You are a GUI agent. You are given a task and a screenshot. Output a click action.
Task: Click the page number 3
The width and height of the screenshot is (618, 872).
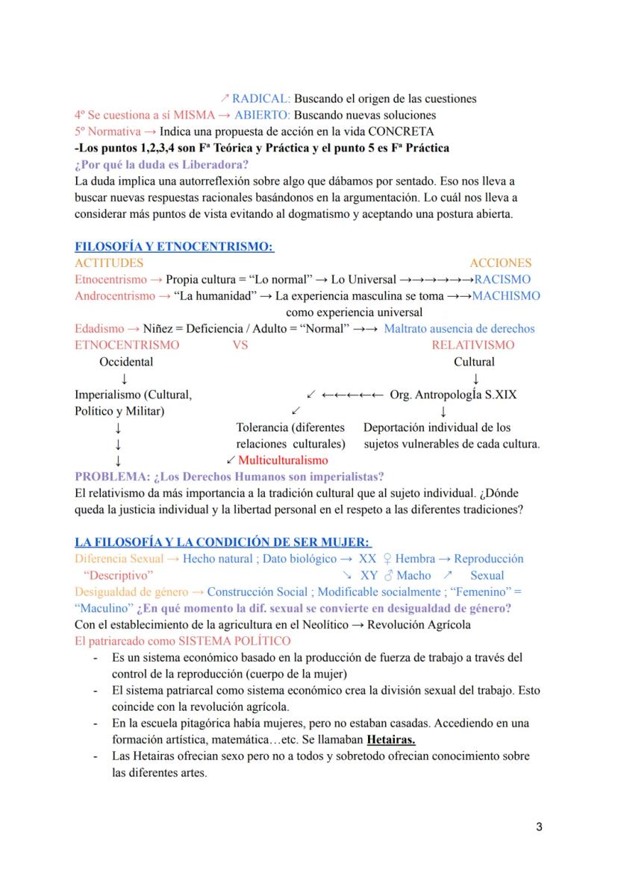539,826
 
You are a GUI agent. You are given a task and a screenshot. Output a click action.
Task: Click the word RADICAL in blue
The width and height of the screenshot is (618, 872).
260,98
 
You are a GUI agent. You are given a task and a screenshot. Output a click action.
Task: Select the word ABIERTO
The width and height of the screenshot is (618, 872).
262,115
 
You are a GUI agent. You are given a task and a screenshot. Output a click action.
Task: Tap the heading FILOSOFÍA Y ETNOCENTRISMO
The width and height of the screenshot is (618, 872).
174,246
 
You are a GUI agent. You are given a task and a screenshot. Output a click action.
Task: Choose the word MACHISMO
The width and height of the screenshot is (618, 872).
506,295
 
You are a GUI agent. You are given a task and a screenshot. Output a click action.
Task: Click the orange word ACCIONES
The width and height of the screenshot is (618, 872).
500,263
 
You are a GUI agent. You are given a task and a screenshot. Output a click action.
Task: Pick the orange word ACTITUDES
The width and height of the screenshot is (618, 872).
109,263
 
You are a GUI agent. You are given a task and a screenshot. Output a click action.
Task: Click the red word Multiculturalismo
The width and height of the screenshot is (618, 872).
283,460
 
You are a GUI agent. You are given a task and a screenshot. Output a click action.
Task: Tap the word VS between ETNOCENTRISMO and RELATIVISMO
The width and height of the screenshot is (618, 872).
240,345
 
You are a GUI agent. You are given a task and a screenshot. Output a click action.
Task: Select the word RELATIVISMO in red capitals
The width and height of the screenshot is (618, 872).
472,345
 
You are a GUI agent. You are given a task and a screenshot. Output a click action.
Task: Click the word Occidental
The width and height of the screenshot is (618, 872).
126,362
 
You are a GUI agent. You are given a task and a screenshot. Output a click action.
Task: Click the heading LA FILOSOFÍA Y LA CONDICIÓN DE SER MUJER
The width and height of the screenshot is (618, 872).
223,542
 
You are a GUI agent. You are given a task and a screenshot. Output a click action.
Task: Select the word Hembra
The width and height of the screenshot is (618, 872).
415,559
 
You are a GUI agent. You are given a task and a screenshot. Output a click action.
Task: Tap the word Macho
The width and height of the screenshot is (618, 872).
413,575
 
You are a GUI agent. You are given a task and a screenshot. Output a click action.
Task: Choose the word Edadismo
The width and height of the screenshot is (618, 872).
99,328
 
